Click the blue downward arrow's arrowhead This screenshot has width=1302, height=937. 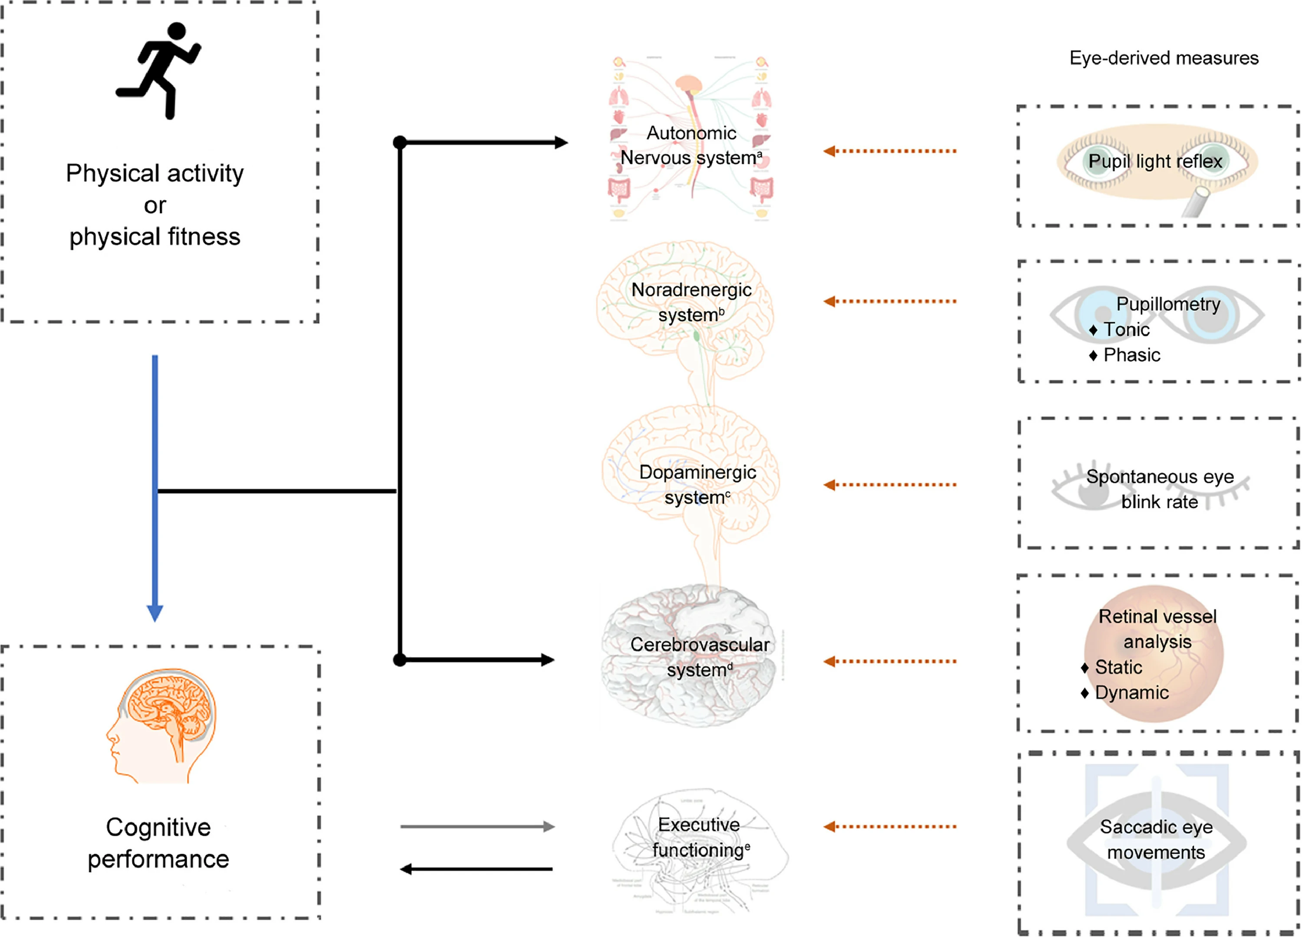click(x=155, y=613)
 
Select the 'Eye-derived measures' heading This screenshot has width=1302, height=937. click(x=1164, y=58)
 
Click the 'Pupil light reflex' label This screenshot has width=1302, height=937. click(x=1155, y=161)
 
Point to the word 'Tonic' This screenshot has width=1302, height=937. click(x=1126, y=329)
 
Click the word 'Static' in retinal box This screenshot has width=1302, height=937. click(x=1118, y=667)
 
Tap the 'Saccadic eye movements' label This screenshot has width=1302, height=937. click(x=1156, y=839)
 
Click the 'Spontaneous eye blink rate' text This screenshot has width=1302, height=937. click(x=1160, y=489)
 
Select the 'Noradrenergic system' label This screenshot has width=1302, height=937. click(x=691, y=302)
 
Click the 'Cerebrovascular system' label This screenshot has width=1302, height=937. click(x=699, y=657)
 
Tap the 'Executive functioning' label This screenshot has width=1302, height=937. click(x=700, y=837)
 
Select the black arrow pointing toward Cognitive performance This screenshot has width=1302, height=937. click(x=477, y=869)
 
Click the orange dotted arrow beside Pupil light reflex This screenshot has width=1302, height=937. click(x=890, y=151)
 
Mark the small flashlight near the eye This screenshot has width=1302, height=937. click(x=1197, y=202)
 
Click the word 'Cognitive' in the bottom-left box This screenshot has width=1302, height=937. click(x=158, y=827)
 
